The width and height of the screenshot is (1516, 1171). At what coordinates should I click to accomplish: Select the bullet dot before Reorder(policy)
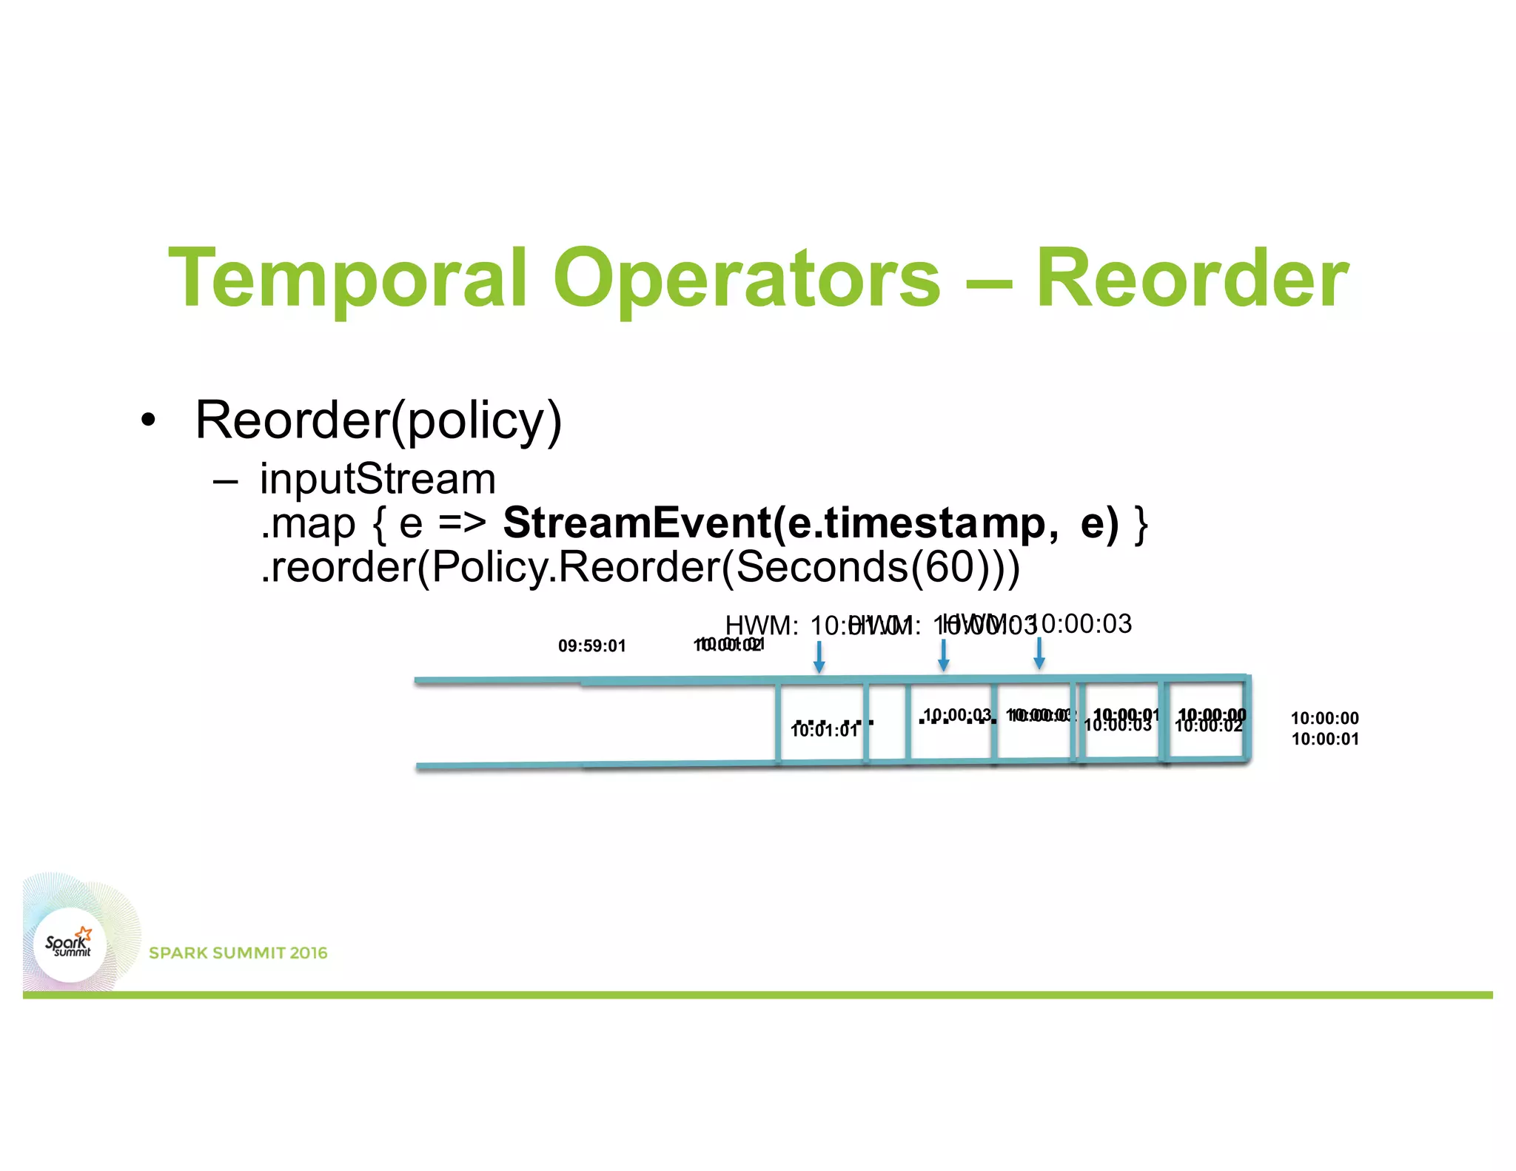149,420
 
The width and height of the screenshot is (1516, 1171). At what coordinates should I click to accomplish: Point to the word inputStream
378,479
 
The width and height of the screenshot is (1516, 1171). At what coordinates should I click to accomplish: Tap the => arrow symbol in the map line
462,523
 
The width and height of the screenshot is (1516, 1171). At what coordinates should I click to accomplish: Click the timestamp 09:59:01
591,645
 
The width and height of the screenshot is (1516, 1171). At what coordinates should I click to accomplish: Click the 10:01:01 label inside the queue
824,731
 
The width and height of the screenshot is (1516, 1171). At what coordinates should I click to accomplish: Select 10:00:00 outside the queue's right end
1324,718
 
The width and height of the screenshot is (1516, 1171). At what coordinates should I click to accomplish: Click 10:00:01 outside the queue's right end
1324,739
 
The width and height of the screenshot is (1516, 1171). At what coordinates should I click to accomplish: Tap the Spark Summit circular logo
70,944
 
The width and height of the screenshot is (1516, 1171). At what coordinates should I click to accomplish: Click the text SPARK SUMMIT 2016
238,953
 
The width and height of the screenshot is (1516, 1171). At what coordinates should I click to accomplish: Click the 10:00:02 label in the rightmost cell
1208,728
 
